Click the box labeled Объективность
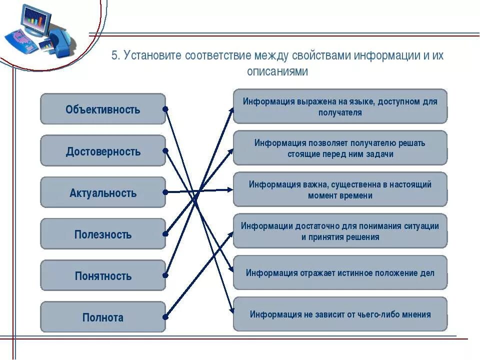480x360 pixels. tap(102, 109)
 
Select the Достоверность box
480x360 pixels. tap(102, 150)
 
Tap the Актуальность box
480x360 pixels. tap(102, 192)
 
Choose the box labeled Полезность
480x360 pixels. tap(102, 234)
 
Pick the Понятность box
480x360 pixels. tap(102, 275)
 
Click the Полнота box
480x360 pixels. tap(102, 317)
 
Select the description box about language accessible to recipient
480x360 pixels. tap(340, 106)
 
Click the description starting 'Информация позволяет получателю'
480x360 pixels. tap(340, 148)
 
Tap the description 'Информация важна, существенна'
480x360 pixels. tap(340, 189)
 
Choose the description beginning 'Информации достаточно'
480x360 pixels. tap(340, 231)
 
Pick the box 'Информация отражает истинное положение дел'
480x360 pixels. tap(340, 273)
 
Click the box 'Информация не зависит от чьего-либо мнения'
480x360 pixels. tap(340, 314)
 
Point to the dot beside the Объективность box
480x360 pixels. tap(165, 108)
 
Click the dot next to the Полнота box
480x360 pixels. tap(165, 316)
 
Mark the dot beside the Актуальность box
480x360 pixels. tap(165, 191)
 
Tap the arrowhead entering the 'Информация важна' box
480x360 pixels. tap(230, 189)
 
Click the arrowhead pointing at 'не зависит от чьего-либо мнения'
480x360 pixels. tap(230, 311)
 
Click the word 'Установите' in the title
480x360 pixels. tap(152, 55)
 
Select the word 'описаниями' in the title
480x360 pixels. tap(277, 71)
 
